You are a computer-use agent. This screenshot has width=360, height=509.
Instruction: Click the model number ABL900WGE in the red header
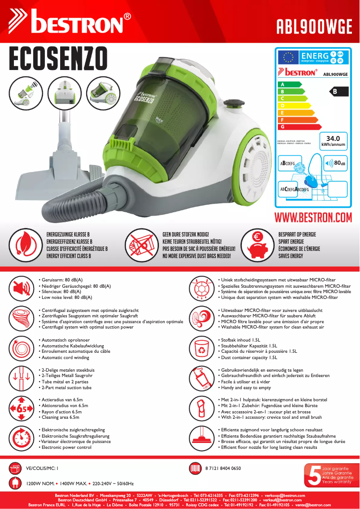point(314,26)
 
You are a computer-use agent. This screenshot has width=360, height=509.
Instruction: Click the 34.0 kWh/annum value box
point(333,141)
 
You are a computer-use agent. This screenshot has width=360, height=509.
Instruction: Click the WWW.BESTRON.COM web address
point(313,217)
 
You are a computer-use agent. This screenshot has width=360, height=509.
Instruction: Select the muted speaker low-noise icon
point(21,289)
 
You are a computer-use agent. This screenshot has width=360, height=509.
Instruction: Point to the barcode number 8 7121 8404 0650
point(223,468)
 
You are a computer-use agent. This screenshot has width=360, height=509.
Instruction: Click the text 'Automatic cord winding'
point(65,358)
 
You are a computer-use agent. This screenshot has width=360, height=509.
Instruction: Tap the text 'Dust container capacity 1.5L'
point(247,358)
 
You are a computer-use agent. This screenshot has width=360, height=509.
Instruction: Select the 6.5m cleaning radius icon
point(21,408)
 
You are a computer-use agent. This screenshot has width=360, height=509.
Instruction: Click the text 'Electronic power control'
point(66,448)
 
